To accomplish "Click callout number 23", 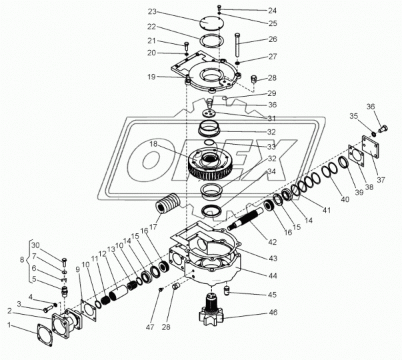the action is [x=153, y=12].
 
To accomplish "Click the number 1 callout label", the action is [x=9, y=325].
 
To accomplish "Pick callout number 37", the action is [x=381, y=179].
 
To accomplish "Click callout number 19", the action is [x=152, y=77].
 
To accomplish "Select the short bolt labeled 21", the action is [x=186, y=47].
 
